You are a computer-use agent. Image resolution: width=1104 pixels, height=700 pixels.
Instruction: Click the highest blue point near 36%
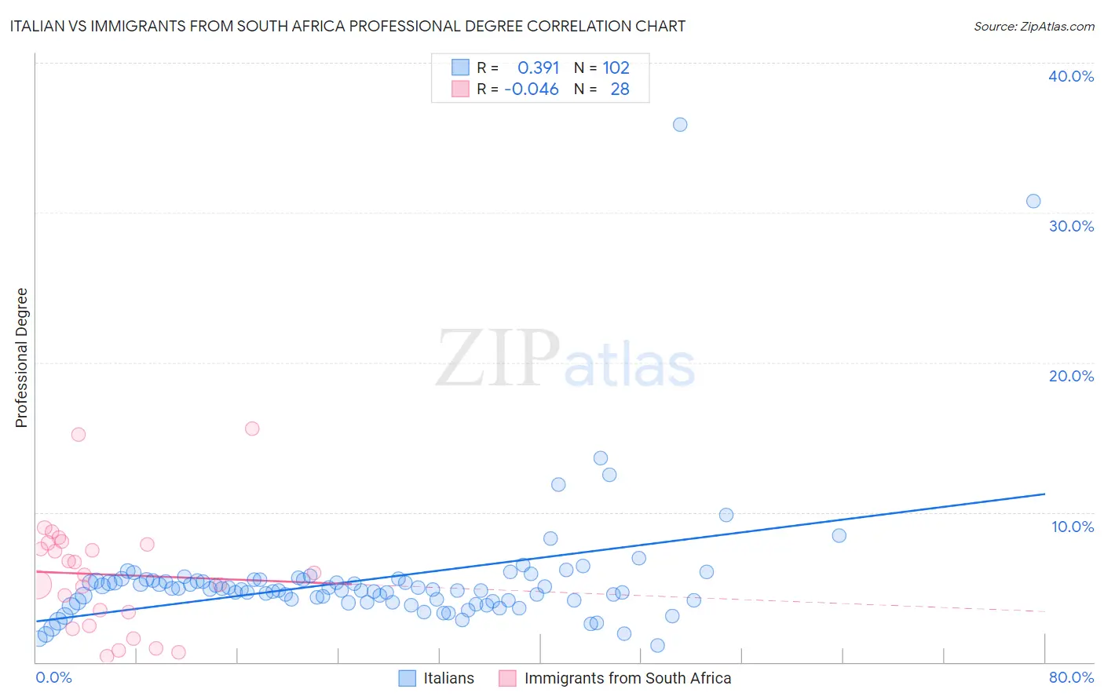click(x=680, y=125)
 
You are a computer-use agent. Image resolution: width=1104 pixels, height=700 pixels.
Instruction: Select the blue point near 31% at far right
click(x=1033, y=201)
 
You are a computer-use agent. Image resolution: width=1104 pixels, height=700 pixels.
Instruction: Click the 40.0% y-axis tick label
click(x=1071, y=76)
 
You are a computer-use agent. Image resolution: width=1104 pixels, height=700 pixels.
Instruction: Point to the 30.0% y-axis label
click(x=1071, y=226)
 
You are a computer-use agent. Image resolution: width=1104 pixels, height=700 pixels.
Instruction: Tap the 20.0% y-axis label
click(x=1071, y=376)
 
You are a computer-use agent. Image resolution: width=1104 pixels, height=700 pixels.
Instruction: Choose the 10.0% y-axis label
click(x=1073, y=527)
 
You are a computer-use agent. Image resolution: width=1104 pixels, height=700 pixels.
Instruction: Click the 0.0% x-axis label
click(x=53, y=677)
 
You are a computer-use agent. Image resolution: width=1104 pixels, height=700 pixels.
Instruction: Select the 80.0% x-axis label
click(x=1071, y=677)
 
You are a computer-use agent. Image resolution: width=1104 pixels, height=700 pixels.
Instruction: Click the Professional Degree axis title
click(x=21, y=358)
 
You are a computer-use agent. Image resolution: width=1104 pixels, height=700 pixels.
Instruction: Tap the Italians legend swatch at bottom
click(x=407, y=678)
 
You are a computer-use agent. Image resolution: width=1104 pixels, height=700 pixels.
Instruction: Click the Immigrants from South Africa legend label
click(x=627, y=678)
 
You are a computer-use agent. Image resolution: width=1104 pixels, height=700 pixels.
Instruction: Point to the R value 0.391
click(x=538, y=68)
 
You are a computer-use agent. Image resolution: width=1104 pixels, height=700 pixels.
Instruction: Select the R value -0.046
click(x=532, y=89)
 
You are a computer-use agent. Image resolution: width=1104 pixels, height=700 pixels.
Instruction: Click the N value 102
click(x=616, y=68)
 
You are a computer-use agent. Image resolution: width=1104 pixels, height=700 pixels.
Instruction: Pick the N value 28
click(x=620, y=89)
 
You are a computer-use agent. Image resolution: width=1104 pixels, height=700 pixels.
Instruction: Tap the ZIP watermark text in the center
click(x=498, y=359)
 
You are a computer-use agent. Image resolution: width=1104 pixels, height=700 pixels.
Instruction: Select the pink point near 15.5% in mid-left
click(x=252, y=428)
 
